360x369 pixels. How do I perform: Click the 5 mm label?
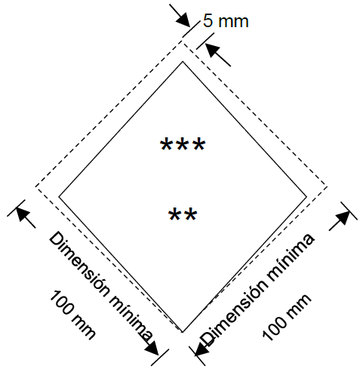coord(226,20)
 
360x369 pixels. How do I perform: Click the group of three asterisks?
coord(183,144)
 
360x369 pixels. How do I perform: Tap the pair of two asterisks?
coord(183,214)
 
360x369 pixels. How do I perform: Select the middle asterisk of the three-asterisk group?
coord(183,144)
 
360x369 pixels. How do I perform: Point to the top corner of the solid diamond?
coord(183,61)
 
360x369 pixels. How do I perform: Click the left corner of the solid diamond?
coord(59,197)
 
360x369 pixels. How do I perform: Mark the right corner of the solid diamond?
coord(306,197)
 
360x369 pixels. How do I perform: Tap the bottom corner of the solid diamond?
coord(183,332)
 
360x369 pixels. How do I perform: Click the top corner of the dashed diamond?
coord(183,40)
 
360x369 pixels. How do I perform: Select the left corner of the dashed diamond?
coord(35,187)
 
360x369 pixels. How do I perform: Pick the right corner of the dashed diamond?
coord(327,187)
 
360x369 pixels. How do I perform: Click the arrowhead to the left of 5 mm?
coord(183,20)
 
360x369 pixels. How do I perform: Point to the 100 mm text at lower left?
coord(72,315)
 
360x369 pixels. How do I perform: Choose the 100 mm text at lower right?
coord(287,318)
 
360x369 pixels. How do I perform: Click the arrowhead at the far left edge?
coord(23,214)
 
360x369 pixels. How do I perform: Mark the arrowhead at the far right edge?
coord(343,218)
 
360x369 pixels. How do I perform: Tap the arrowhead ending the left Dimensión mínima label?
coord(152,348)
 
